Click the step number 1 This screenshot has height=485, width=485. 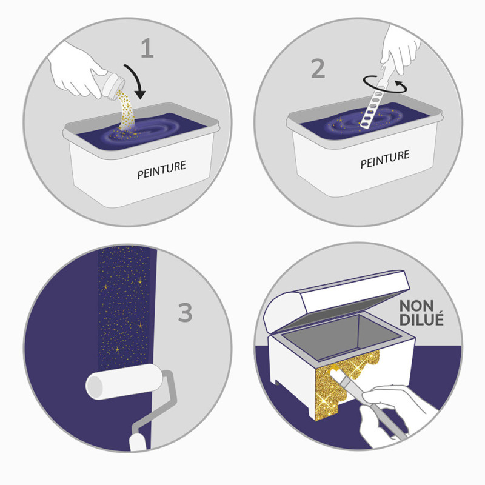click(x=147, y=48)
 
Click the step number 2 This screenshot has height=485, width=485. click(x=318, y=69)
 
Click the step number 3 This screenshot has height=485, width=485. click(x=185, y=312)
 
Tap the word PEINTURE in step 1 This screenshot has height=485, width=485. click(x=161, y=170)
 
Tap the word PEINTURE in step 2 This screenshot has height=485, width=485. click(x=385, y=159)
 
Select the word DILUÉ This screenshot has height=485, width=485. click(x=421, y=319)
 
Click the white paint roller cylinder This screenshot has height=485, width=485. click(x=124, y=381)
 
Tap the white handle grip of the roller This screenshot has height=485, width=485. click(x=138, y=443)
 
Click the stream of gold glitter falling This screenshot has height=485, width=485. click(x=127, y=110)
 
